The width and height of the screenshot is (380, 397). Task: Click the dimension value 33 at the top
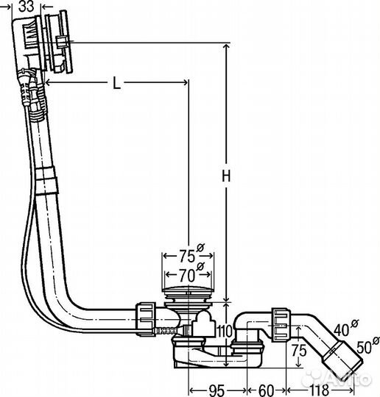pyautogui.click(x=26, y=6)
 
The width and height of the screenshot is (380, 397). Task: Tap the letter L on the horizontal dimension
pyautogui.click(x=116, y=83)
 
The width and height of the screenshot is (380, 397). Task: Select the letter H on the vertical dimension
pyautogui.click(x=226, y=176)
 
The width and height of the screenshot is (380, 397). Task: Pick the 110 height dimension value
pyautogui.click(x=225, y=331)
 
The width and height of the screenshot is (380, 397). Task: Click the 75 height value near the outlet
pyautogui.click(x=298, y=351)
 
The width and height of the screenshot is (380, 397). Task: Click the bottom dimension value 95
pyautogui.click(x=217, y=390)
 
